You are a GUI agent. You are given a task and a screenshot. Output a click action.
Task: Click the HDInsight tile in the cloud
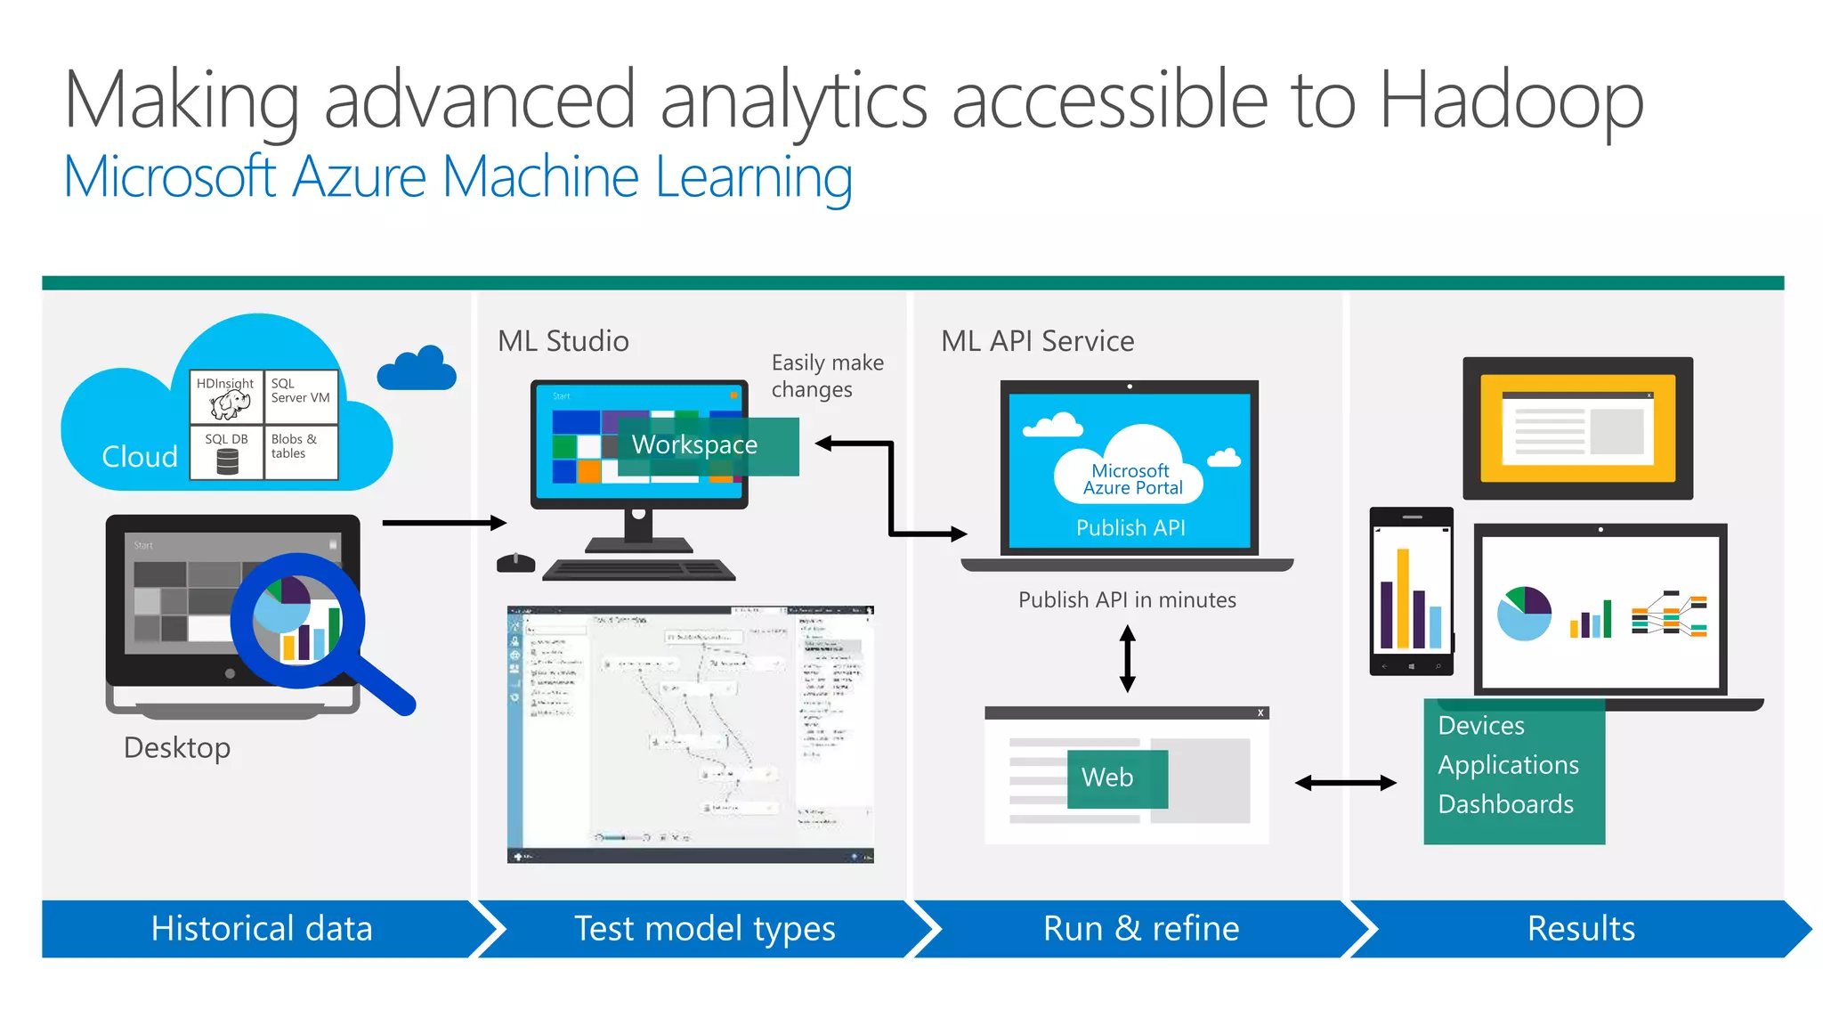coord(226,396)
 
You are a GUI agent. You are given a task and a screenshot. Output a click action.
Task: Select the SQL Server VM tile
coord(301,396)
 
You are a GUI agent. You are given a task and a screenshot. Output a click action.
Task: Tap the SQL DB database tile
coord(226,452)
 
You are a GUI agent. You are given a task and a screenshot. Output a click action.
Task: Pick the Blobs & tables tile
coord(301,452)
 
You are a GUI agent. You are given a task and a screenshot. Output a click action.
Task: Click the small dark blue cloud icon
coord(417,369)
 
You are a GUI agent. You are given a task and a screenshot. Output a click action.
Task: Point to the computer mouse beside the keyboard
coord(515,563)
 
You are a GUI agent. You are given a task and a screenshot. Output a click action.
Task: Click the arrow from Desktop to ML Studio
coord(443,523)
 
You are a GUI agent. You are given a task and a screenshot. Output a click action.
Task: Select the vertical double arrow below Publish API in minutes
coord(1127,659)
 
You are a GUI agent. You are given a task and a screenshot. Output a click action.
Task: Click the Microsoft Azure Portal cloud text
coord(1130,479)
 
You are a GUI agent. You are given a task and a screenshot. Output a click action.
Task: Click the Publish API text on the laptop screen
coord(1130,528)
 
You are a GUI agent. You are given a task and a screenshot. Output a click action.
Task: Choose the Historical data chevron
coord(263,929)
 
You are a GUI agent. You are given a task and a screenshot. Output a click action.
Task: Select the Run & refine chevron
coord(1141,929)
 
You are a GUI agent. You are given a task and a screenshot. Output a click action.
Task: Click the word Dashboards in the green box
coord(1505,804)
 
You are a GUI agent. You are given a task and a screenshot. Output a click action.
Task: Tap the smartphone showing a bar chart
coord(1411,591)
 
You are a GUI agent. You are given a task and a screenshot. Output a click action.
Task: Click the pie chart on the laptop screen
coord(1524,614)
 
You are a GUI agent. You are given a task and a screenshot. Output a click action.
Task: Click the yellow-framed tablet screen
coord(1577,428)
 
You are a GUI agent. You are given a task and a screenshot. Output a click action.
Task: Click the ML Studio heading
coord(563,341)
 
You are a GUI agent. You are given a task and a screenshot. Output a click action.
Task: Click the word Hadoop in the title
coord(1511,102)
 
